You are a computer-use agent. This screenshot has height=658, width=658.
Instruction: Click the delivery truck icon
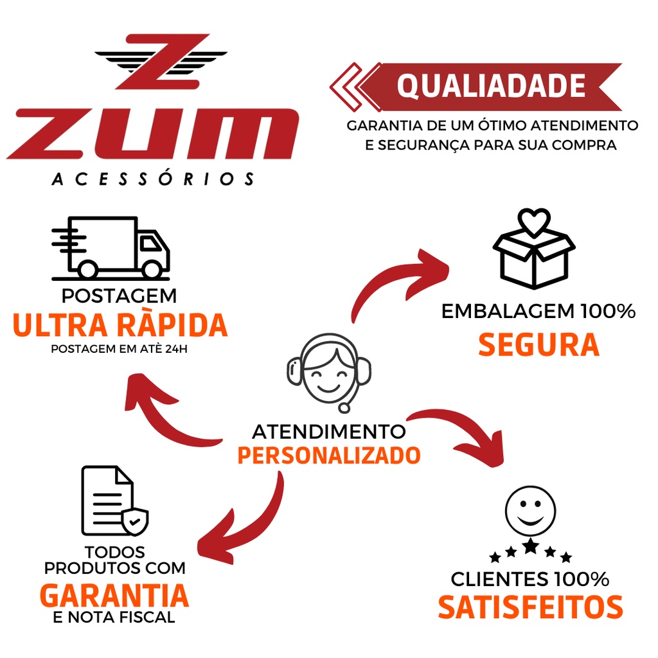click(111, 248)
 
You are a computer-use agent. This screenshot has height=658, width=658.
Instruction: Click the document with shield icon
click(114, 501)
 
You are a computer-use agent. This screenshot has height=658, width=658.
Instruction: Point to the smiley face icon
click(530, 511)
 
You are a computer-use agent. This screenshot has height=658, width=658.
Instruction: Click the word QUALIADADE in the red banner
click(491, 86)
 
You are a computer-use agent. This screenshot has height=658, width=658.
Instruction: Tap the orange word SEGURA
click(539, 345)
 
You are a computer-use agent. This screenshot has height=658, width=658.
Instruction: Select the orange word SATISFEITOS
click(530, 607)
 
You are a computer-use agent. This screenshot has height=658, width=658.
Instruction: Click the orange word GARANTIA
click(114, 596)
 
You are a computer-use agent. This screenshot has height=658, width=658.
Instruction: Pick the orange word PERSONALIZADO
click(329, 456)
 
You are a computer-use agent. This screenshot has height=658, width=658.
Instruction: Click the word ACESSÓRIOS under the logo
click(153, 179)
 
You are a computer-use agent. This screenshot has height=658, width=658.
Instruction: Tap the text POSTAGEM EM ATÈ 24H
click(119, 349)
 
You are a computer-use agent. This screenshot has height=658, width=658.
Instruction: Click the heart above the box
click(534, 222)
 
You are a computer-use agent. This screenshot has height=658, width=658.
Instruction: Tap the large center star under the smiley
click(531, 546)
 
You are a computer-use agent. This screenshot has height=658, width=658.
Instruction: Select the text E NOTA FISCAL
click(114, 618)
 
